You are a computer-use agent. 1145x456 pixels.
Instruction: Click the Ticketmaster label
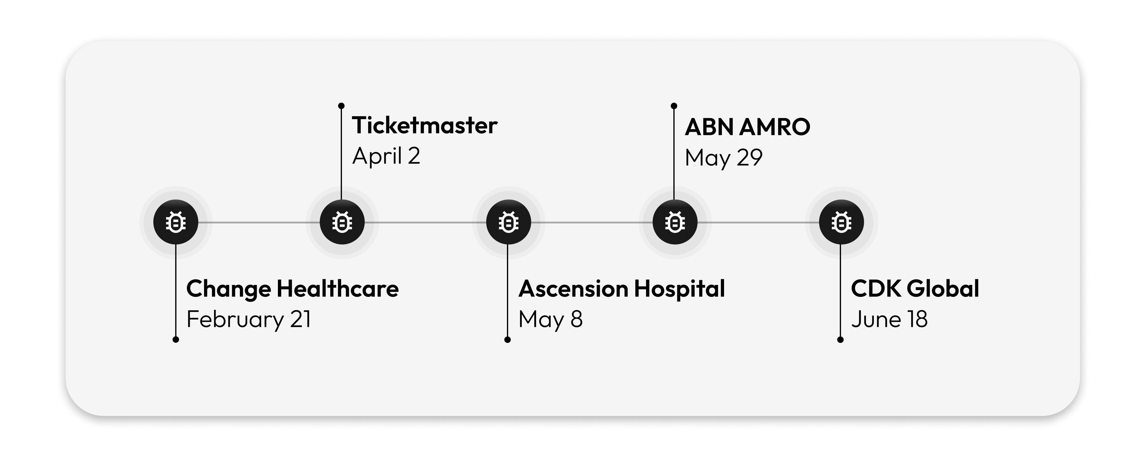coord(425,125)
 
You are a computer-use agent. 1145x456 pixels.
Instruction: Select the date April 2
coord(386,156)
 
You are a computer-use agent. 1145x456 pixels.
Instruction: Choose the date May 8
coord(550,320)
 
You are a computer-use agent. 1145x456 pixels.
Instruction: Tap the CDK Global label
coord(915,289)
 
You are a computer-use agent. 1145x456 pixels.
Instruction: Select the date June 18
coord(889,320)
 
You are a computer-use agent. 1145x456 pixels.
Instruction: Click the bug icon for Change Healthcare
coord(176,222)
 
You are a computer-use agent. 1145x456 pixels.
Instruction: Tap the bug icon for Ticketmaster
coord(342,222)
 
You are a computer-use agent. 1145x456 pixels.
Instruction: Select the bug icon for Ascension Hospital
coord(508,222)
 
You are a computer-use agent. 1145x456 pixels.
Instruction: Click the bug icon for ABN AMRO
coord(675,222)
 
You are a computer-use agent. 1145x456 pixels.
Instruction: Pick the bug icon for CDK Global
coord(841,222)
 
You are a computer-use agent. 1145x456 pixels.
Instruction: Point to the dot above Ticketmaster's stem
coord(341,106)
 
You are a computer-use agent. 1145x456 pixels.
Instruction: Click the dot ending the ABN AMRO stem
coord(674,106)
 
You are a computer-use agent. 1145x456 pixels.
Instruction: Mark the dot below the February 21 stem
coord(176,340)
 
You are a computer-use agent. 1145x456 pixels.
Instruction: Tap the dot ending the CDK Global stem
coord(840,340)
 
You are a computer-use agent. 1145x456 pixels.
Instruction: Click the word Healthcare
coord(338,289)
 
